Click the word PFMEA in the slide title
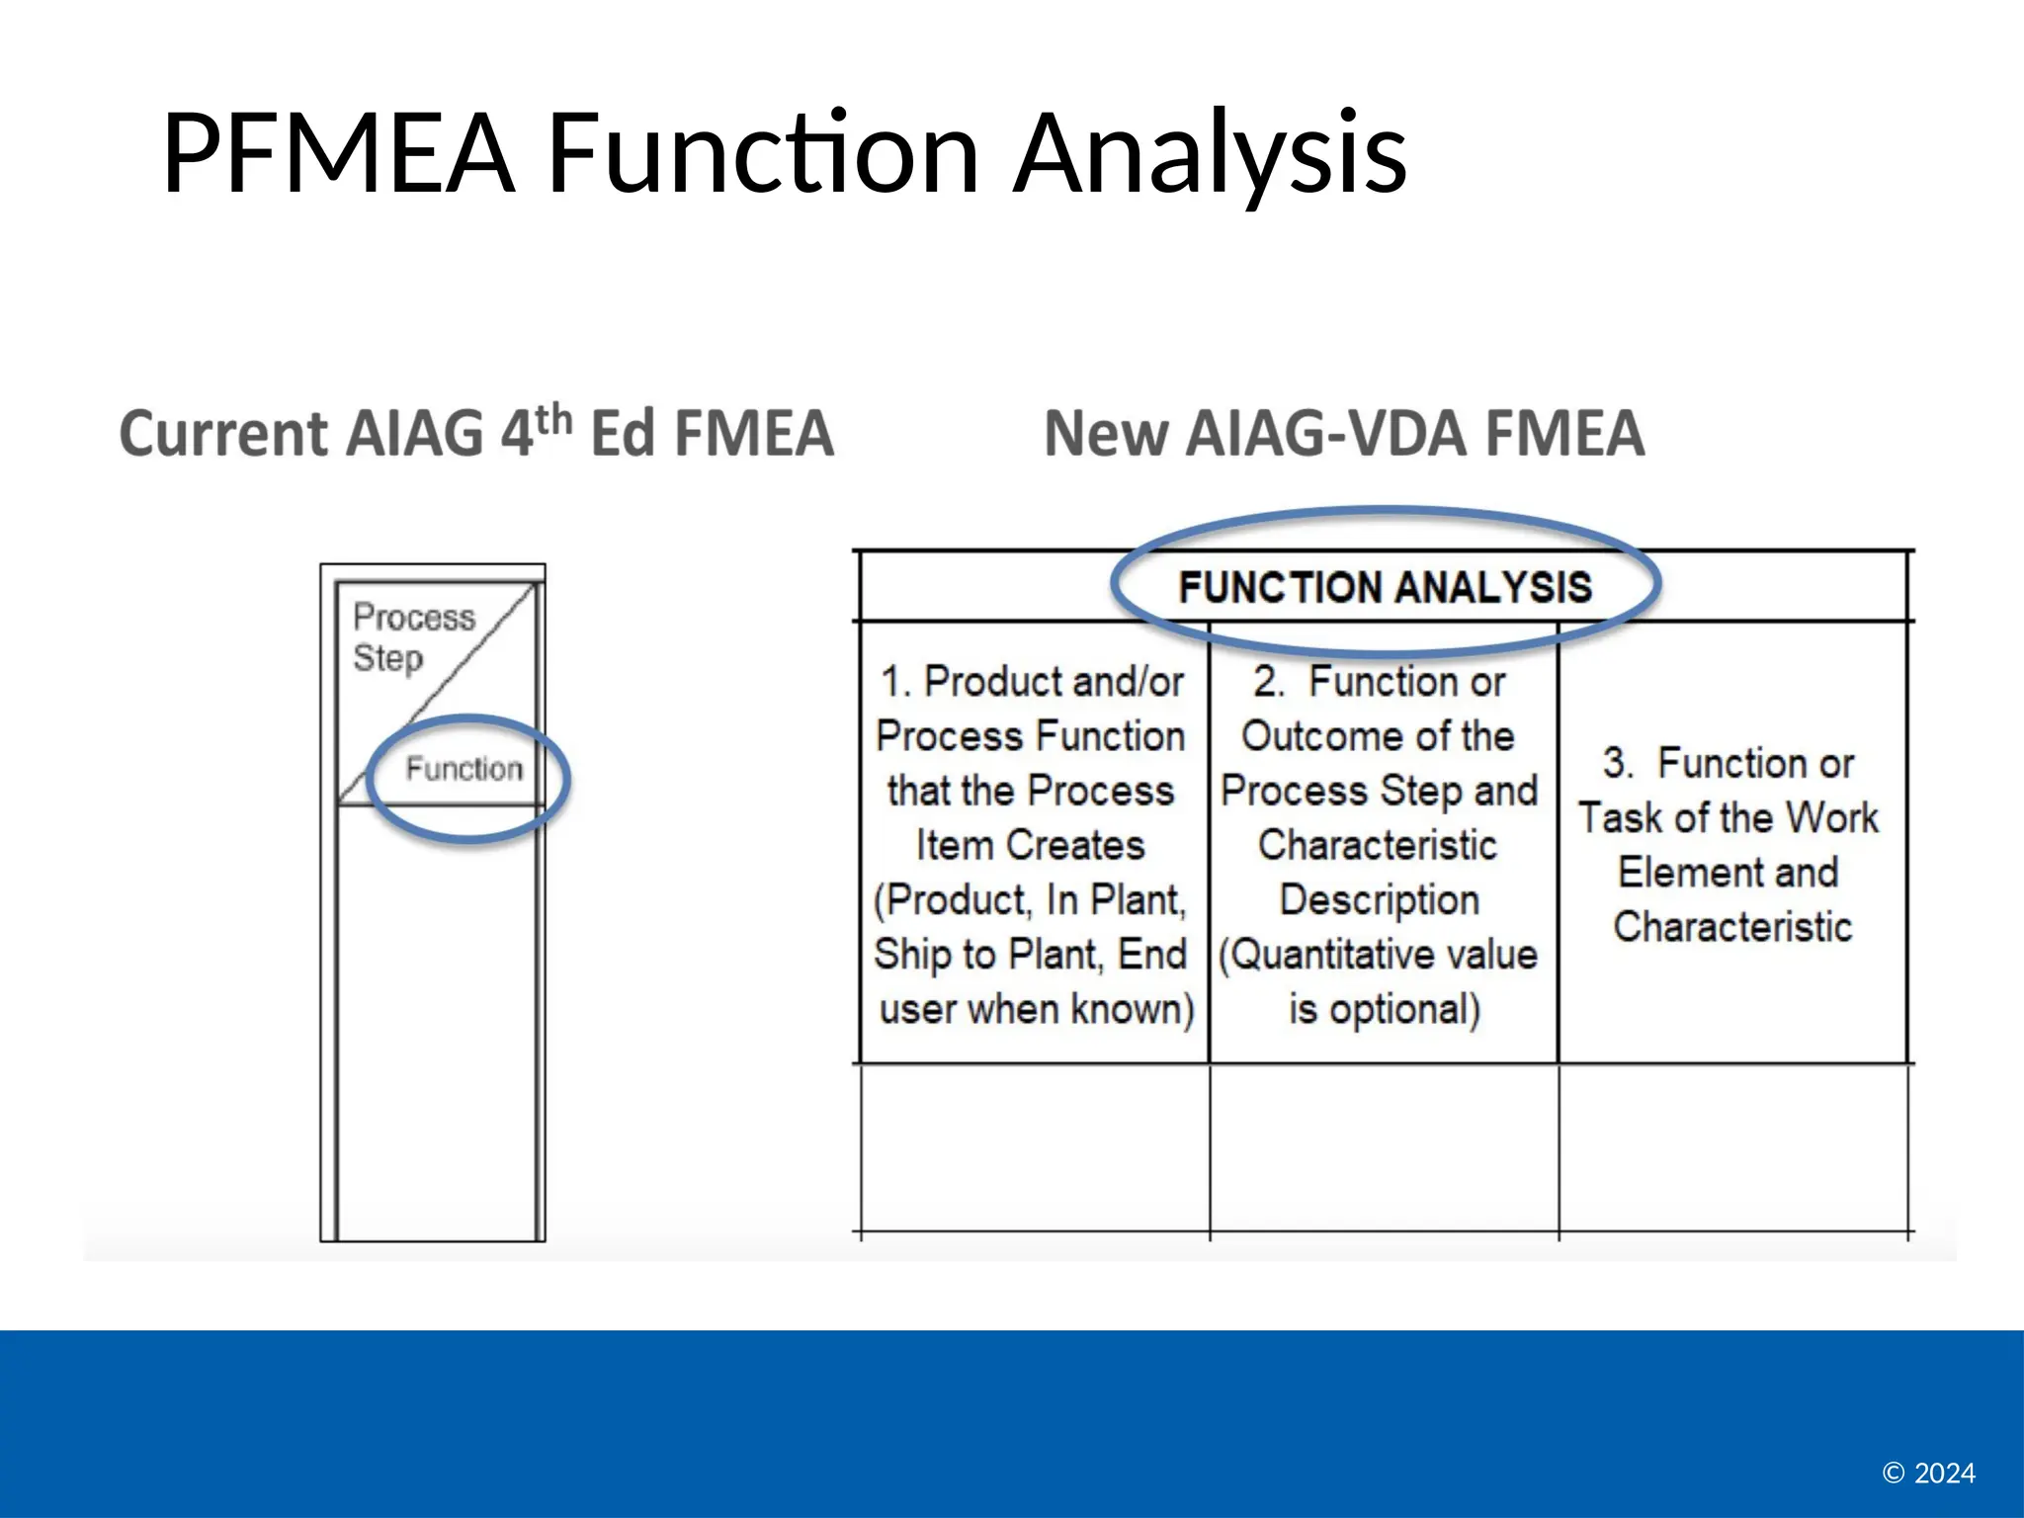click(x=338, y=154)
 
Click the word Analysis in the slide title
click(x=1210, y=154)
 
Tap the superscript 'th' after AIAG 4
click(x=554, y=420)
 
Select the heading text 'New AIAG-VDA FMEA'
click(x=1344, y=435)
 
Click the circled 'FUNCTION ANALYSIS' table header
click(x=1385, y=587)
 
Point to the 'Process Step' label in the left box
click(x=413, y=636)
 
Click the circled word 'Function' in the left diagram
click(x=464, y=768)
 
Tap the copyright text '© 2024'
click(x=1928, y=1474)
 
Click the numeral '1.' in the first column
click(x=895, y=682)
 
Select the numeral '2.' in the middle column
click(x=1268, y=682)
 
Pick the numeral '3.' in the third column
click(x=1618, y=763)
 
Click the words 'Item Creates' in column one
click(x=1030, y=845)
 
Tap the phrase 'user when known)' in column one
click(x=1036, y=1009)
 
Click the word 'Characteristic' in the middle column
click(x=1378, y=845)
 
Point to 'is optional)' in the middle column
click(x=1384, y=1009)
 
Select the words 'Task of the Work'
click(x=1728, y=817)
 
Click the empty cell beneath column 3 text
click(x=1732, y=1146)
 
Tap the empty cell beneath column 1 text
click(x=1035, y=1146)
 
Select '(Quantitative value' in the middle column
click(x=1378, y=955)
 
